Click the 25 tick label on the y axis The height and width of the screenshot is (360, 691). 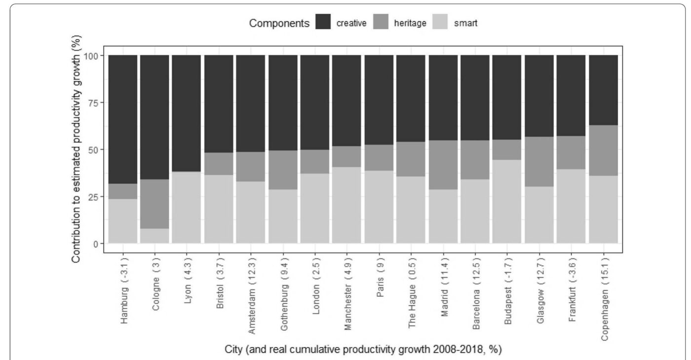point(93,197)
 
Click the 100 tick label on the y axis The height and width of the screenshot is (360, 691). point(91,55)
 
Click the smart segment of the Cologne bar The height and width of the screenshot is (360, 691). point(154,236)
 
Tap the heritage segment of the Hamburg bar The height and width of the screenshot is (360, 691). point(122,191)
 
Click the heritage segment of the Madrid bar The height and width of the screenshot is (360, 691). point(443,164)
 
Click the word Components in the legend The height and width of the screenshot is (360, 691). point(279,23)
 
